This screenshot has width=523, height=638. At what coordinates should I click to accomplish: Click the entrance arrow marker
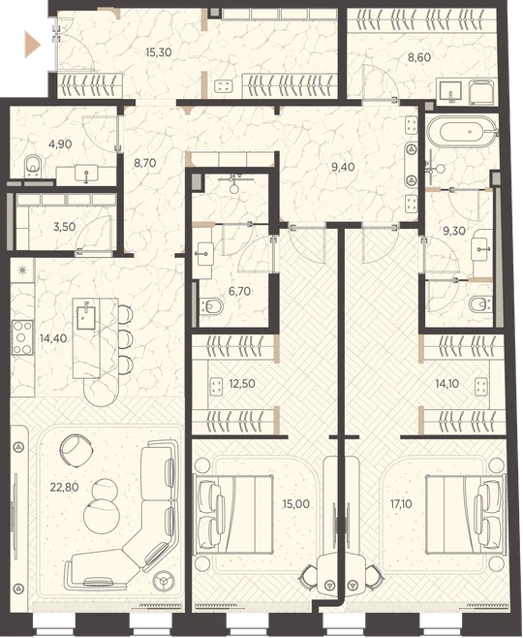(33, 45)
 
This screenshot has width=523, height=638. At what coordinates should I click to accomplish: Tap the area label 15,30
(159, 52)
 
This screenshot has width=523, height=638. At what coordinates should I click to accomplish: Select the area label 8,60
(419, 57)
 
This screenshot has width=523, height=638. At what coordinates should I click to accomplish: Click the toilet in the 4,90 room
(33, 167)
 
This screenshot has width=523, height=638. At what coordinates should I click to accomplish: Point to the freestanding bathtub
(462, 132)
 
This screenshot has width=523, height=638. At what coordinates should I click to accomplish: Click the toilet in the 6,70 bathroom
(212, 306)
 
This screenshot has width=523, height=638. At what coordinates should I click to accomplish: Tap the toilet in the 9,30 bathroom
(480, 304)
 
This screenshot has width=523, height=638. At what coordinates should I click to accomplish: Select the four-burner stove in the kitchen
(22, 337)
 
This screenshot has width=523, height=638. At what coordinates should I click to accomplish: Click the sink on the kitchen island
(85, 317)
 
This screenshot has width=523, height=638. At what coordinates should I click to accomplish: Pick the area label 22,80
(64, 487)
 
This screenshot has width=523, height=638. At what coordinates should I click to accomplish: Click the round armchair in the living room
(76, 449)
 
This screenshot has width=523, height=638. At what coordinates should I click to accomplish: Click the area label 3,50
(64, 227)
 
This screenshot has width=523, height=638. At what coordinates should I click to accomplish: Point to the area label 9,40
(343, 167)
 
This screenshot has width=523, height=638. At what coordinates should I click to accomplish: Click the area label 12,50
(242, 384)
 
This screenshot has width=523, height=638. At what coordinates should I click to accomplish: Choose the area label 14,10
(447, 384)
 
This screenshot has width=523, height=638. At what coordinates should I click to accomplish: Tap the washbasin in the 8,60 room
(450, 93)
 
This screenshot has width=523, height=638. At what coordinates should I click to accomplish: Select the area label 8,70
(144, 163)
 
